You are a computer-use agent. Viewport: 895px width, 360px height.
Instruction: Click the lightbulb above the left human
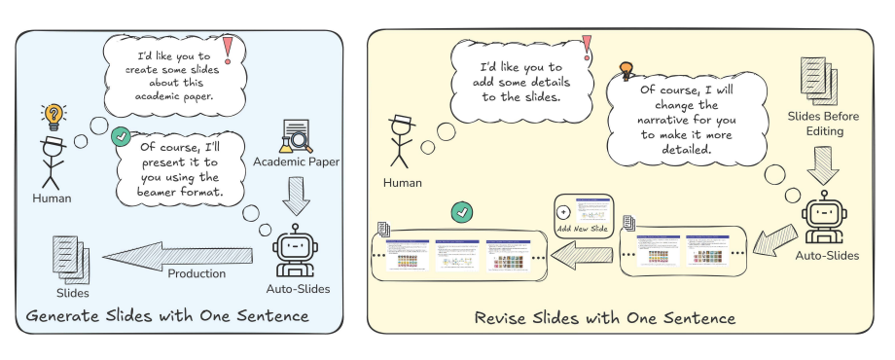click(54, 117)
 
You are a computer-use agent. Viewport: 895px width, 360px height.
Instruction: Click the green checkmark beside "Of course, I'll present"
click(122, 137)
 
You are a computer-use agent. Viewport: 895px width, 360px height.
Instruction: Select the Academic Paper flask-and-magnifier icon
click(295, 136)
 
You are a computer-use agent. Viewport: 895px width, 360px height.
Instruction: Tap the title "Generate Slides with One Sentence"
click(167, 315)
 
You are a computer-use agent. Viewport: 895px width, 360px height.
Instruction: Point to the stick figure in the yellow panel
click(402, 142)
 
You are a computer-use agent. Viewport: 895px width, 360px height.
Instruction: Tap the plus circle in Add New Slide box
click(562, 212)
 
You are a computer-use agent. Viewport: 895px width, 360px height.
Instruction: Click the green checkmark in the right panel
click(462, 213)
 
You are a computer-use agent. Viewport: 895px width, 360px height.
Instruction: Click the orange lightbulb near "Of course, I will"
click(626, 70)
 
